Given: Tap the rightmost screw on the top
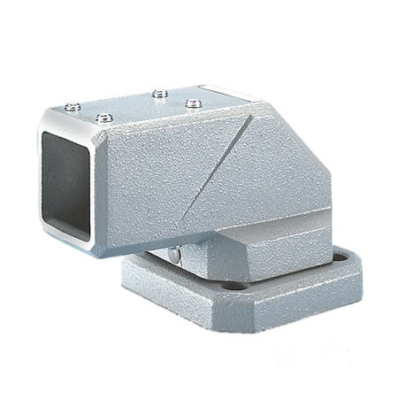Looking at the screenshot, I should pyautogui.click(x=190, y=103).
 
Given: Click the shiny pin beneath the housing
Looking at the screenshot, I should pyautogui.click(x=176, y=256).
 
